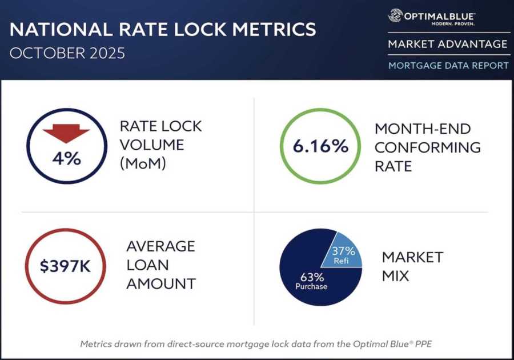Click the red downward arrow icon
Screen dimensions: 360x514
pyautogui.click(x=66, y=134)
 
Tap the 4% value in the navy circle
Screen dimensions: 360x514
pyautogui.click(x=66, y=158)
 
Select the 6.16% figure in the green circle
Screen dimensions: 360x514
pyautogui.click(x=320, y=146)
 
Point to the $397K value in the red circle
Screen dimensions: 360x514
pyautogui.click(x=65, y=266)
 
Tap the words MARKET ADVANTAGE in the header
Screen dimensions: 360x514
pyautogui.click(x=448, y=44)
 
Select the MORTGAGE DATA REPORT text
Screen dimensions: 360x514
pyautogui.click(x=448, y=66)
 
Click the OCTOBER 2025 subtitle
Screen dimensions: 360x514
pyautogui.click(x=67, y=54)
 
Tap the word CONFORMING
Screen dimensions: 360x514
pyautogui.click(x=427, y=147)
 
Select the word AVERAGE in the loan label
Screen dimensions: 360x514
pyautogui.click(x=160, y=246)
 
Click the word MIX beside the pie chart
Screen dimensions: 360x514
pyautogui.click(x=395, y=276)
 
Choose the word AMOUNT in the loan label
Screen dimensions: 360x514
pyautogui.click(x=161, y=283)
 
